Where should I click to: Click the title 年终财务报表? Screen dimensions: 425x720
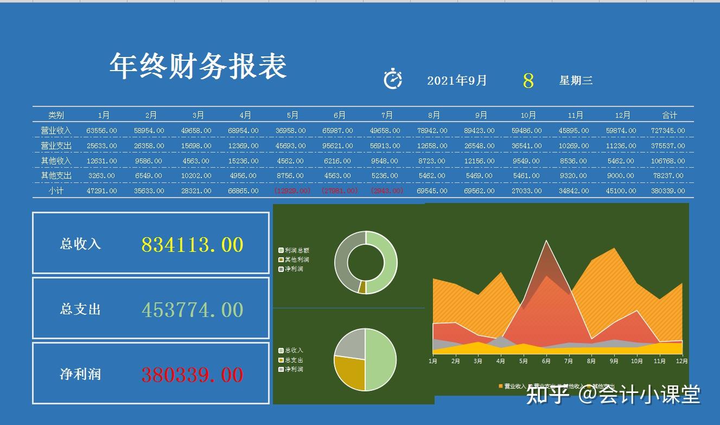[x=198, y=66]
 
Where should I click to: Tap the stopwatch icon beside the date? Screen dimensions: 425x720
[x=393, y=79]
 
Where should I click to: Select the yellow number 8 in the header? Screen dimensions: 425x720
[x=528, y=81]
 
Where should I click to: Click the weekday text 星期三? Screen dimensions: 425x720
[x=576, y=81]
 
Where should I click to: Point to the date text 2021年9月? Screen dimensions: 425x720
[x=457, y=81]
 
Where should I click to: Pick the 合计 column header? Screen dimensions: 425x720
[x=670, y=115]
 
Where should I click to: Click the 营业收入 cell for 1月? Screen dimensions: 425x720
[x=102, y=131]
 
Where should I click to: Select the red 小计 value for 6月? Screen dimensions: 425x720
[x=340, y=191]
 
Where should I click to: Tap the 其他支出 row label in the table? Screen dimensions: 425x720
[x=56, y=176]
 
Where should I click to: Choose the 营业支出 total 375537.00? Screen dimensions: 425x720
[x=668, y=146]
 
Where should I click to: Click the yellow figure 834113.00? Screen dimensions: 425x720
[x=192, y=245]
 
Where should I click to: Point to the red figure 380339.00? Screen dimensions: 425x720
[x=192, y=375]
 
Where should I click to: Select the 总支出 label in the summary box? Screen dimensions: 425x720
[x=80, y=309]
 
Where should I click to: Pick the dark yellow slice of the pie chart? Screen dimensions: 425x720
[x=349, y=372]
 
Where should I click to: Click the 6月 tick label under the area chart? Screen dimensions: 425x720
[x=546, y=361]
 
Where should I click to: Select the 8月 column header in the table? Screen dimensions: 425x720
[x=434, y=115]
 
